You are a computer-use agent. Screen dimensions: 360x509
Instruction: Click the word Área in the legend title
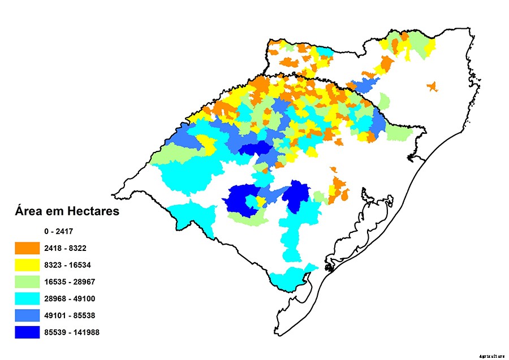click(29, 211)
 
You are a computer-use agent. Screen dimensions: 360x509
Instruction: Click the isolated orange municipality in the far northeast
click(432, 86)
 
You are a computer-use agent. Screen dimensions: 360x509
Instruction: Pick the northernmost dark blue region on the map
click(255, 150)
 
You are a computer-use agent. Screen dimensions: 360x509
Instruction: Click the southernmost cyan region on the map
click(288, 278)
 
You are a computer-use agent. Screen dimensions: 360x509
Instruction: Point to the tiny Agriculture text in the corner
click(490, 356)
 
